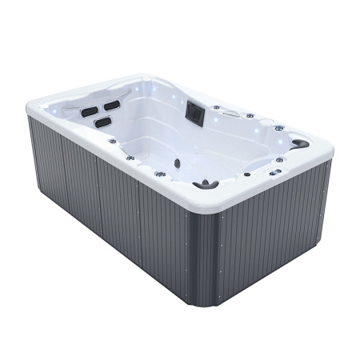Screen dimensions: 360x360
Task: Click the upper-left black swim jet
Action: (89, 111)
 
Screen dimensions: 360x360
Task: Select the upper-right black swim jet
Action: (112, 105)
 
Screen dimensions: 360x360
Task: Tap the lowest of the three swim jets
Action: (102, 122)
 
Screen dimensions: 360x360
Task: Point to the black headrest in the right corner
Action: (299, 144)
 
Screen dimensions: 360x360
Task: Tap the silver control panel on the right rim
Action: (275, 173)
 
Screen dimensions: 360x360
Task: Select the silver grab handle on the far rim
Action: (231, 114)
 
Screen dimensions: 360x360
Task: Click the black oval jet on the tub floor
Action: (177, 163)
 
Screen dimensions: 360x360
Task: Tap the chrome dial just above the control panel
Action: (279, 160)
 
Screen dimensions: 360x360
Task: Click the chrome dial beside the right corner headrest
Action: (279, 128)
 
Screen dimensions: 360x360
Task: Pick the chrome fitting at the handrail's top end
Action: (113, 141)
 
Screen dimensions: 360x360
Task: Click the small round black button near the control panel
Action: (247, 174)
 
